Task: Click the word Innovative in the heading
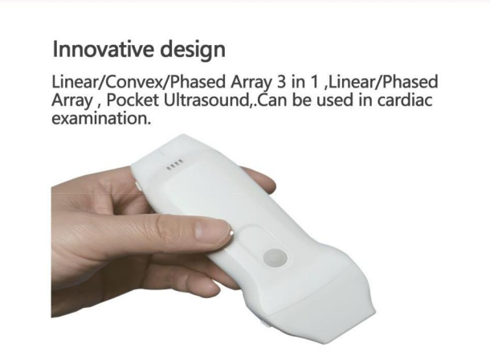point(103,49)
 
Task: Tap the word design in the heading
point(193,50)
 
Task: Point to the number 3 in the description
point(280,82)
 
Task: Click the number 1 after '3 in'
point(313,82)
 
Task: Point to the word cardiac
point(404,100)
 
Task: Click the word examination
point(100,118)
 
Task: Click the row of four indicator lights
point(174,164)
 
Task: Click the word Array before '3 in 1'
point(251,83)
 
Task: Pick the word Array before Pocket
point(71,100)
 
